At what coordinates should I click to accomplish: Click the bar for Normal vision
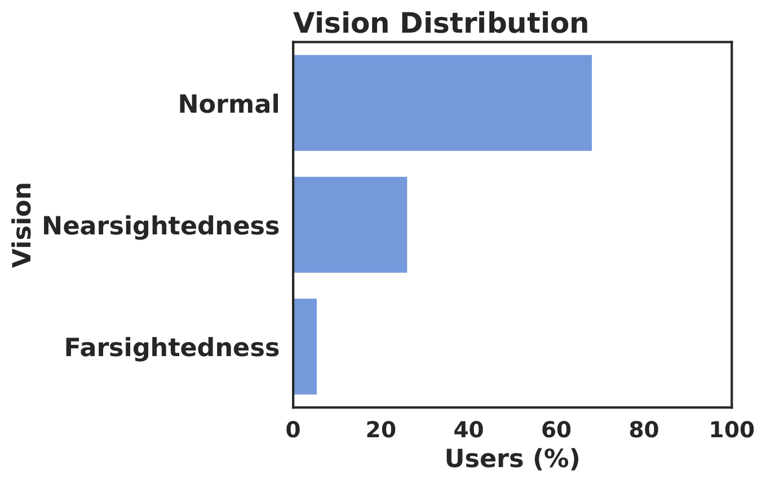tap(442, 103)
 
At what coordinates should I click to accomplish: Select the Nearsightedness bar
tap(350, 225)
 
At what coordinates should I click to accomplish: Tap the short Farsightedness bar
tap(305, 347)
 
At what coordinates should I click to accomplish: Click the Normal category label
tap(229, 104)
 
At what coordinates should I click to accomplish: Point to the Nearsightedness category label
tap(161, 226)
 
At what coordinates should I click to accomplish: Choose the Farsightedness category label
tap(172, 348)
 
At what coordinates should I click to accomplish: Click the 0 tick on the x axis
tap(293, 430)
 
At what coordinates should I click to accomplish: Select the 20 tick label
tap(381, 430)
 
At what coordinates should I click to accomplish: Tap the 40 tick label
tap(468, 430)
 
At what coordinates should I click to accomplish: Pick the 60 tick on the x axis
tap(556, 430)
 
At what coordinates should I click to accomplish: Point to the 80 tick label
tap(644, 430)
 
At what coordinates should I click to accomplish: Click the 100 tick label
tap(731, 430)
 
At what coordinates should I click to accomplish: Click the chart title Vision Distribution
tap(441, 24)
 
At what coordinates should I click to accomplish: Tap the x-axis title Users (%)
tap(512, 459)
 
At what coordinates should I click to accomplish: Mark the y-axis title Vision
tap(23, 224)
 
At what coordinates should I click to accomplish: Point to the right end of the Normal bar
tap(590, 103)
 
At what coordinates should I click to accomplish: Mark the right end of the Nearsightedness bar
tap(405, 225)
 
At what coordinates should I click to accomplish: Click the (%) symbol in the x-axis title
tap(557, 459)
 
